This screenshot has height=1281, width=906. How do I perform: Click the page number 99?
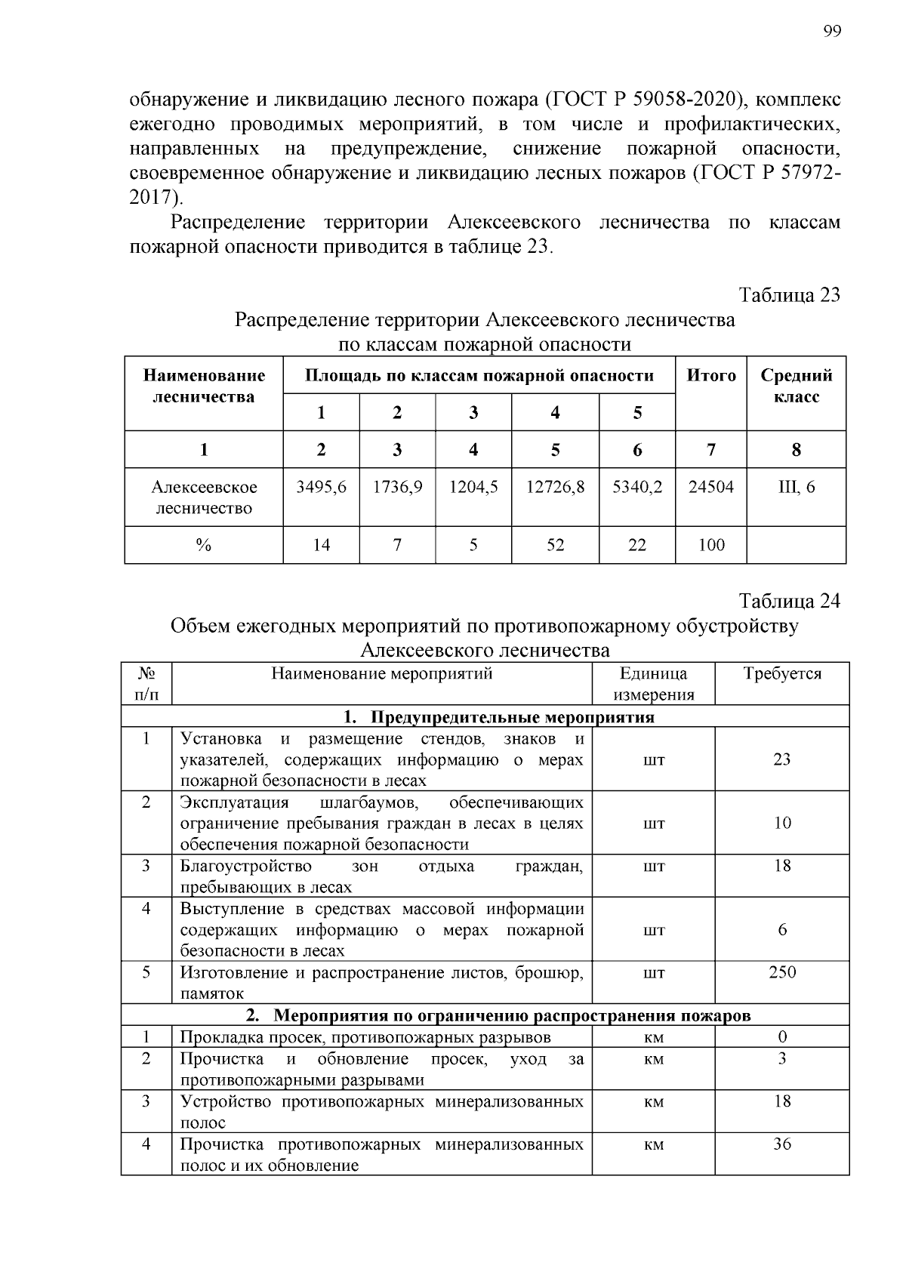coord(832,31)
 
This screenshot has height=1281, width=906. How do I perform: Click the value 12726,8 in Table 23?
coord(555,488)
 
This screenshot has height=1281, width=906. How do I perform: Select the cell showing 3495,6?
coord(321,488)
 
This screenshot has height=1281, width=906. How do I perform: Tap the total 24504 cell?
coord(710,488)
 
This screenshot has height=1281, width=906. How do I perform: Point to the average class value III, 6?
coord(796,488)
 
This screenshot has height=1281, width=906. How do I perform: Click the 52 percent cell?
coord(555,545)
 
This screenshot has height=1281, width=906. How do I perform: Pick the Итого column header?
coord(710,376)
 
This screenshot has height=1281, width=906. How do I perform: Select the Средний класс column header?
coord(796,386)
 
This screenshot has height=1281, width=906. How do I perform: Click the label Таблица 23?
coord(789,294)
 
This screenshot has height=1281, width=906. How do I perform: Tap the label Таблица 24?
coord(789,601)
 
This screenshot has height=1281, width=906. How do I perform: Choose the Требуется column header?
coord(781,674)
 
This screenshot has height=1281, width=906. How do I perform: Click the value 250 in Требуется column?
coord(781,972)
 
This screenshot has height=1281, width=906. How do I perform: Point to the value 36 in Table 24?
coord(781,1144)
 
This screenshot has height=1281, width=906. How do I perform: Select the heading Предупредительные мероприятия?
coord(513,716)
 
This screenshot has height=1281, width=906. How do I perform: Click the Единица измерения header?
coord(653,684)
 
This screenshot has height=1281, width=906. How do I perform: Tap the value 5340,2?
coord(636,488)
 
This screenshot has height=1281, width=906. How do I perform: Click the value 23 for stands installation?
coord(781,759)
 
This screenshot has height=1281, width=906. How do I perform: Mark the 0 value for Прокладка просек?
coord(781,1037)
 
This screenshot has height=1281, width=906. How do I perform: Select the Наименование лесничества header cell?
coord(204,386)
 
